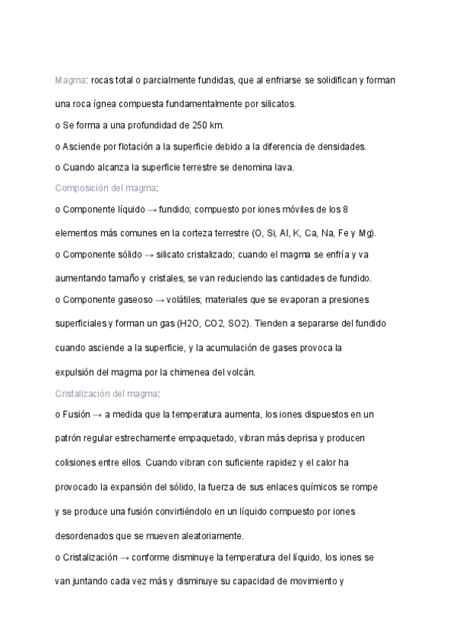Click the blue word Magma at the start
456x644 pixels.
tap(70, 80)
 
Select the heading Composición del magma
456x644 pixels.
tap(106, 186)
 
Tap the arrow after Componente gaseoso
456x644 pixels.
tap(158, 300)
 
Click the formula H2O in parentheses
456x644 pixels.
tap(188, 324)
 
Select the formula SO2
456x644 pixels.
tap(239, 324)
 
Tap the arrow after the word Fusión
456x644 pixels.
tap(97, 415)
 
